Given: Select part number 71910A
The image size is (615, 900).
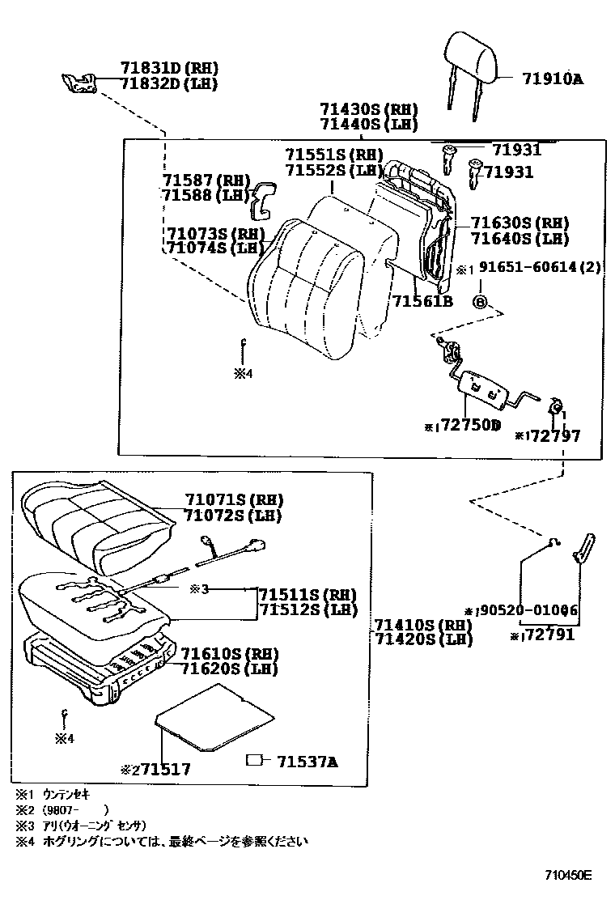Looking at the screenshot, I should [553, 79].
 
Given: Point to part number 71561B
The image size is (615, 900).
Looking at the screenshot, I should [422, 302].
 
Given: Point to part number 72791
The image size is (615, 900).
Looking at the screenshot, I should [548, 635].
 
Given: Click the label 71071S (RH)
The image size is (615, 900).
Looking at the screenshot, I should [235, 499].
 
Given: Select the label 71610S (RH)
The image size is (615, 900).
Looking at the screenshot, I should [229, 654].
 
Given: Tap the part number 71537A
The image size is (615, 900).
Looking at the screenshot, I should [307, 762].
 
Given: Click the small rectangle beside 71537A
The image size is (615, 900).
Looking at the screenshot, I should [255, 761].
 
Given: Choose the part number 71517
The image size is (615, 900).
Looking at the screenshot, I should [162, 770].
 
